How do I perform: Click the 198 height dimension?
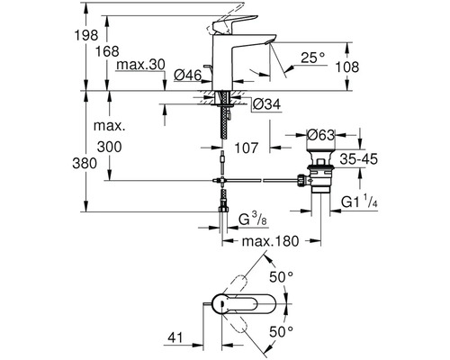point(86,35)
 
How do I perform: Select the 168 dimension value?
point(107,51)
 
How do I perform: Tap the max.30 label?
point(140,65)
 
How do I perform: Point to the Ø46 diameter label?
point(188,75)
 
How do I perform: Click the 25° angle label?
point(313,58)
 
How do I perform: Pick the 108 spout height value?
point(346,67)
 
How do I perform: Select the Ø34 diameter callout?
point(266,104)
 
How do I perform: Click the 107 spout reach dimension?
point(246,148)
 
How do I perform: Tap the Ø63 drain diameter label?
point(320,135)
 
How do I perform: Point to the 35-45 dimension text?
point(358,159)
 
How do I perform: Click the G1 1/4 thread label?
point(359,201)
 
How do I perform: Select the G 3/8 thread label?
point(253,220)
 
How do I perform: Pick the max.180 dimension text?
point(270,241)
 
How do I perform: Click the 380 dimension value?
point(85,164)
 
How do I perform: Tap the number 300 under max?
point(110,147)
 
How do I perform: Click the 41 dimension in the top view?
point(175,337)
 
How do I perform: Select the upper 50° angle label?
point(281,276)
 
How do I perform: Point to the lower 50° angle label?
point(281,332)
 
